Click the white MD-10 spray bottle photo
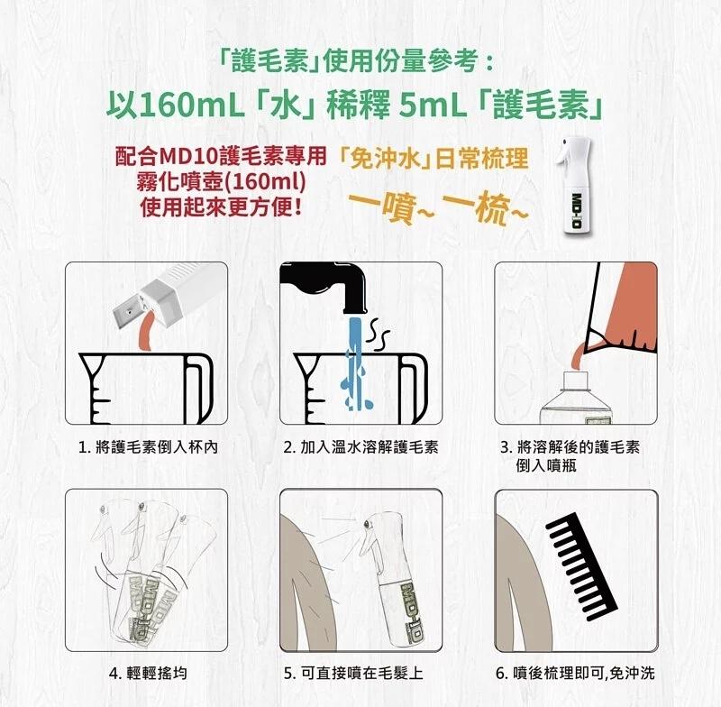click(573, 188)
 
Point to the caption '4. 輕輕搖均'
click(148, 674)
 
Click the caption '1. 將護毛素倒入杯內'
click(148, 447)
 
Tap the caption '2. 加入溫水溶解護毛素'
click(360, 447)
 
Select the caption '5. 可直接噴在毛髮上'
click(353, 674)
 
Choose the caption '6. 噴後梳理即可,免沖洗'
click(575, 674)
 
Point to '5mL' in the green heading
click(430, 106)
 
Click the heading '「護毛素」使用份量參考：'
click(355, 61)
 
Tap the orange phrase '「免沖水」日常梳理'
click(433, 159)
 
